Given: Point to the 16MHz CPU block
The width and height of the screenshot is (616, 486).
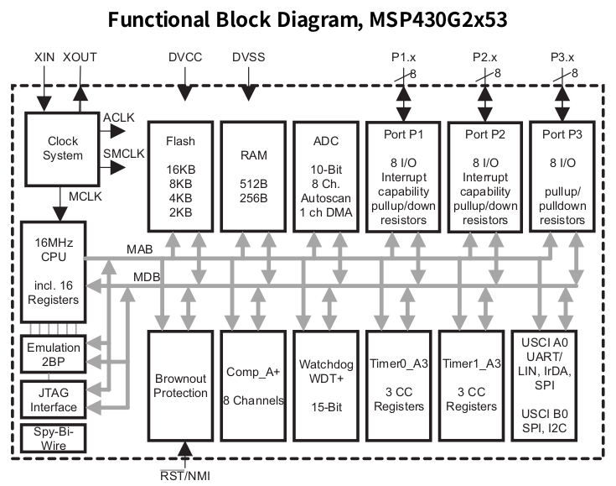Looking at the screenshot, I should tap(52, 271).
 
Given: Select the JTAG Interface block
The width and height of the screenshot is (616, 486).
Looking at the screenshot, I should tap(52, 400).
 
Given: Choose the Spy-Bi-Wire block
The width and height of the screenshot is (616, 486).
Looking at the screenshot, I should tap(52, 438).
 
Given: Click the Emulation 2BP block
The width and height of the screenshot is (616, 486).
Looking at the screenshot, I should tap(52, 354).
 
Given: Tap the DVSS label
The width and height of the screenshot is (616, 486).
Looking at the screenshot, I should tap(249, 57).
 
